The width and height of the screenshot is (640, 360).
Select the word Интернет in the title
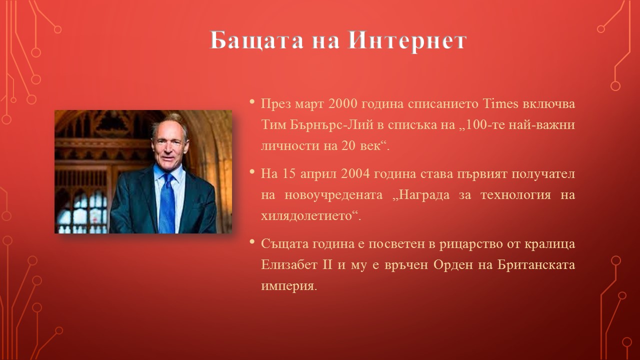coord(407,40)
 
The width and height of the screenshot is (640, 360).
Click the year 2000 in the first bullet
coord(343,103)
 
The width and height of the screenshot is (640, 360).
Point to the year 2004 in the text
coord(355,173)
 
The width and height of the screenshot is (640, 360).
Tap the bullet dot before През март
coord(251,101)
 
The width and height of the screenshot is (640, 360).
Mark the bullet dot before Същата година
coord(251,242)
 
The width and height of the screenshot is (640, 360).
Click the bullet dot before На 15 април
coord(251,171)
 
